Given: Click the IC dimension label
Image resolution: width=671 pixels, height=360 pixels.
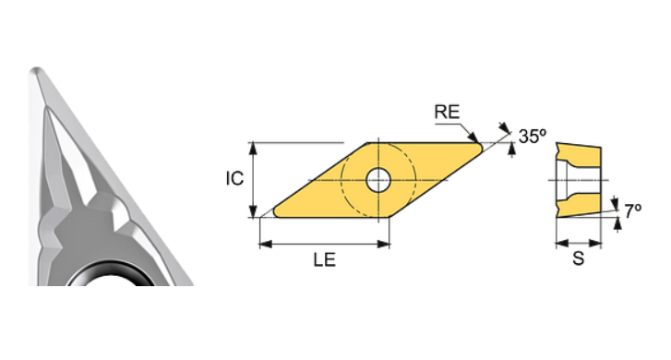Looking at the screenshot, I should coord(234,178).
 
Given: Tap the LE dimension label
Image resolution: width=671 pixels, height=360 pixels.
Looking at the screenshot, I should coord(323,260).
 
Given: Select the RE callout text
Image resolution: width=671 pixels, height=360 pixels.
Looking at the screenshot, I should coord(447,113).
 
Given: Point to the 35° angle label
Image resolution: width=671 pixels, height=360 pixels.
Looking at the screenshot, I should coord(532,136).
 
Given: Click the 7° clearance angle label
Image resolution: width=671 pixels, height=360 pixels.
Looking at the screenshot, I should coord(631,210).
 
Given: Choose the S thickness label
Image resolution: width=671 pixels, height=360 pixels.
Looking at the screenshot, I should coord(578,259).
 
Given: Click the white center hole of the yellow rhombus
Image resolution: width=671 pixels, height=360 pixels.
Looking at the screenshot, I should coord(377,180).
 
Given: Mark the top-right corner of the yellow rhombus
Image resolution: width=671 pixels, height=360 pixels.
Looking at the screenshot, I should coord(481,144).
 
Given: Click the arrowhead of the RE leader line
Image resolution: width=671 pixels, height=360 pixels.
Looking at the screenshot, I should coord(474,138).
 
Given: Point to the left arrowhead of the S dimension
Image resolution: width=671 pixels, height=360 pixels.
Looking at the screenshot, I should coord(558,244).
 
